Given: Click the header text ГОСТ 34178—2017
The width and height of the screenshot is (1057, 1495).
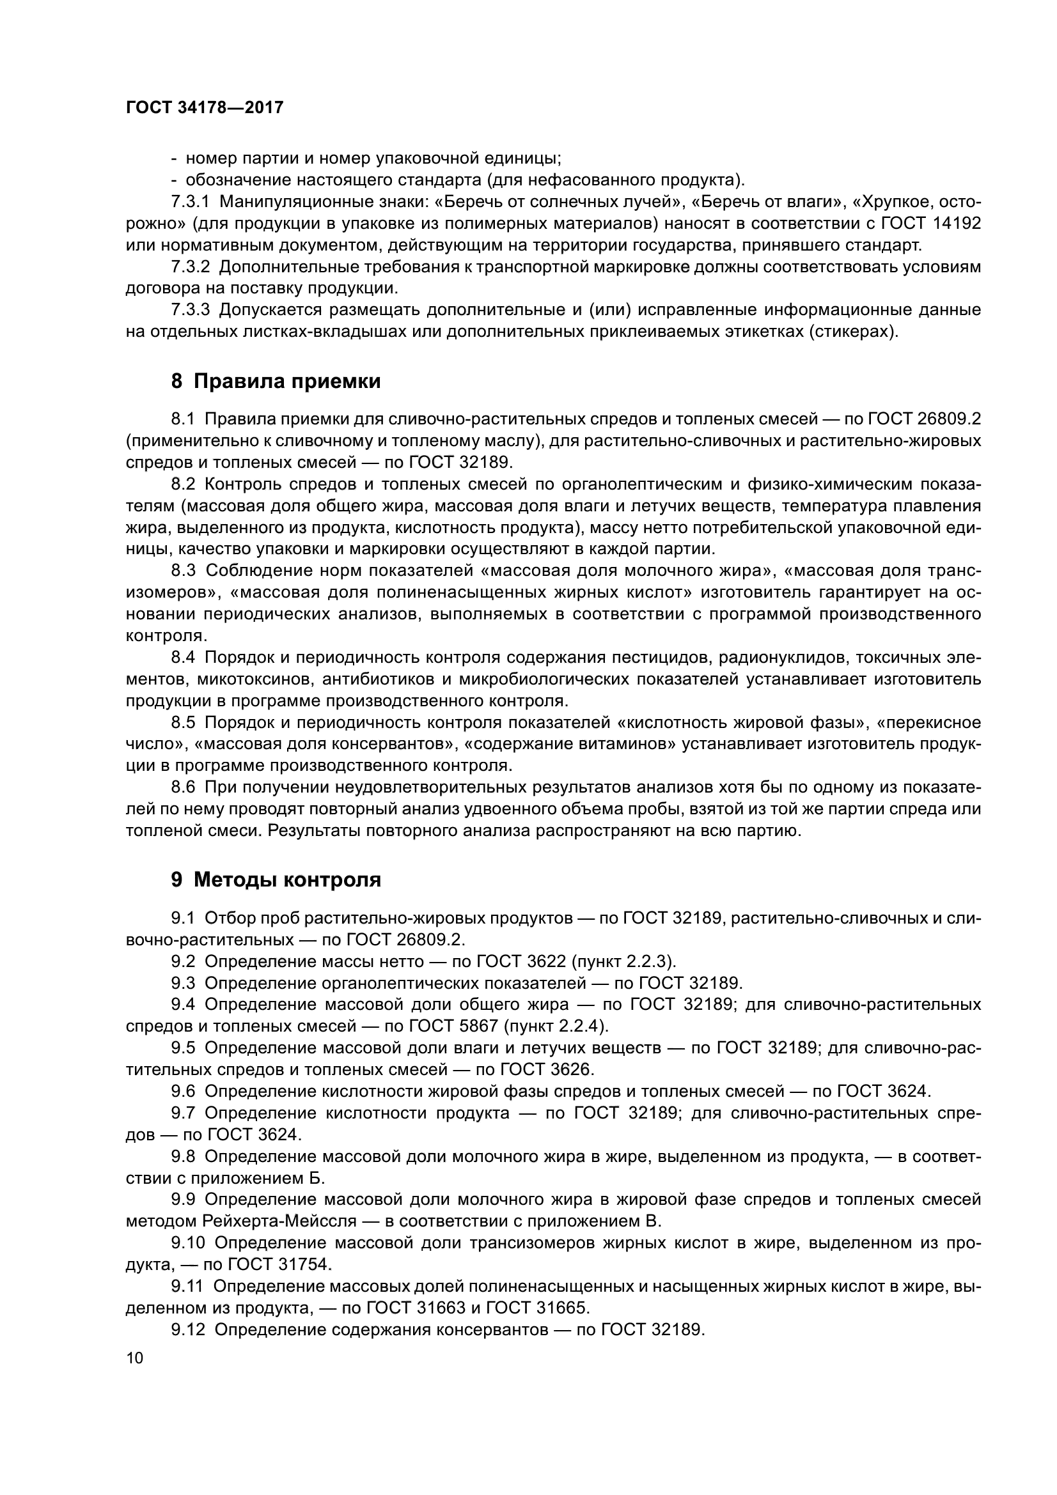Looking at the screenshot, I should pyautogui.click(x=205, y=107).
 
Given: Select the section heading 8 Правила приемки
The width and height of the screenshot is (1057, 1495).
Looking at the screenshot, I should pyautogui.click(x=276, y=381).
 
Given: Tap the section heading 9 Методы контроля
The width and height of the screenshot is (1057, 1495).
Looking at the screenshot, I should pyautogui.click(x=276, y=879).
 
